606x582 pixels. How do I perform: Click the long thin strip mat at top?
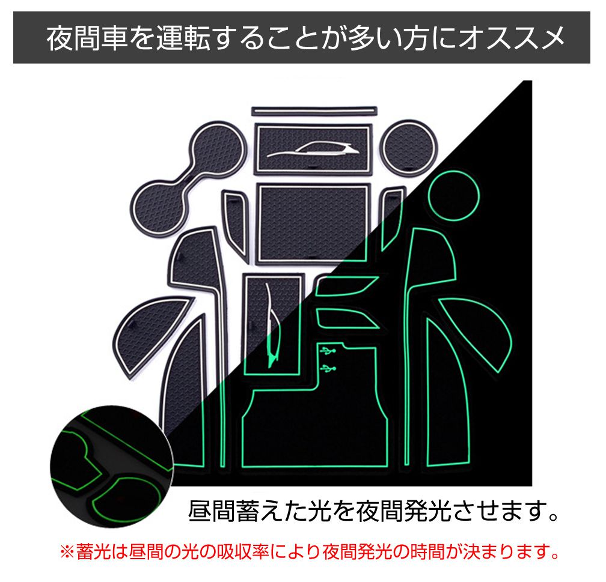point(314,111)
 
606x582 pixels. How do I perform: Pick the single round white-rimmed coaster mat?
point(409,148)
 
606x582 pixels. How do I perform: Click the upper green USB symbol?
point(328,351)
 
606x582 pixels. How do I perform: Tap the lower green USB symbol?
point(328,369)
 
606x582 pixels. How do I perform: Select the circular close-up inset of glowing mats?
point(111,466)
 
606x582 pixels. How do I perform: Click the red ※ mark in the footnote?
point(67,552)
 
